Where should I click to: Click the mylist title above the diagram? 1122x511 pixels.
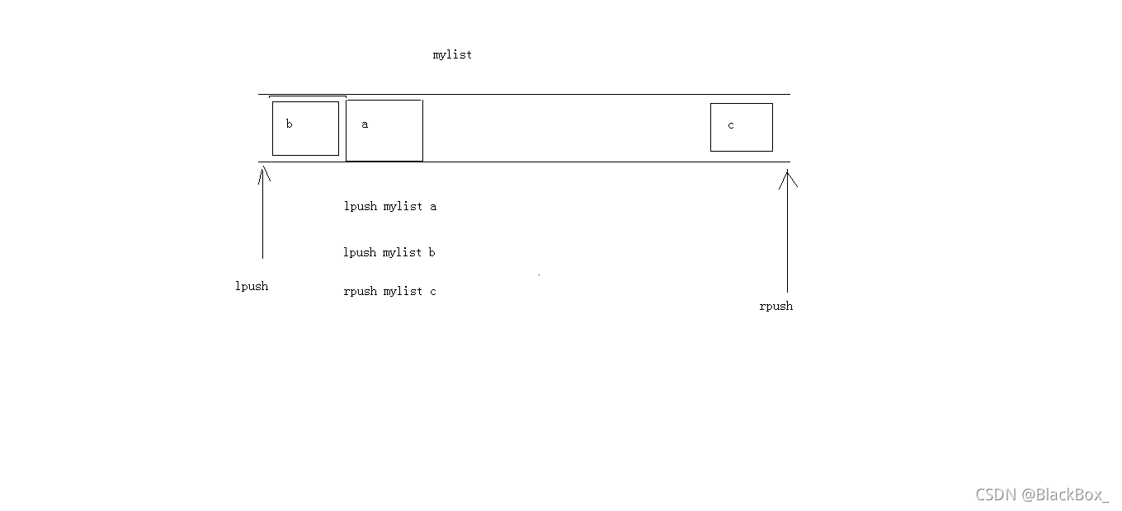pyautogui.click(x=452, y=55)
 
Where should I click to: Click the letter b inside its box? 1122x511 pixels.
pyautogui.click(x=289, y=124)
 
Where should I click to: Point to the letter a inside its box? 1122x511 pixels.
pyautogui.click(x=365, y=124)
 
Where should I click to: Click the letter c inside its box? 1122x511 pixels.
pyautogui.click(x=731, y=125)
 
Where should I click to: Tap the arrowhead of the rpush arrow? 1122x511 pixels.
pyautogui.click(x=788, y=176)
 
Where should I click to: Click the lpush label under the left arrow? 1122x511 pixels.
pyautogui.click(x=252, y=287)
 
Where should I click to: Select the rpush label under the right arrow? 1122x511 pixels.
pyautogui.click(x=775, y=307)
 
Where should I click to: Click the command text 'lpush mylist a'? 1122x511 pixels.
pyautogui.click(x=390, y=207)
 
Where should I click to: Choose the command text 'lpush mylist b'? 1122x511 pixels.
pyautogui.click(x=389, y=253)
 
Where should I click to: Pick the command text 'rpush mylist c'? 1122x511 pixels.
pyautogui.click(x=389, y=292)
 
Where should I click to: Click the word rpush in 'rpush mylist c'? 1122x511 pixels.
pyautogui.click(x=360, y=292)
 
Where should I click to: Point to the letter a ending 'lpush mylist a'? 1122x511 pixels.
pyautogui.click(x=433, y=207)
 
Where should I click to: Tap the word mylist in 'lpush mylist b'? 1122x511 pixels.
pyautogui.click(x=403, y=253)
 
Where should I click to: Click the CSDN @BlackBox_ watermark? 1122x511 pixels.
pyautogui.click(x=1042, y=495)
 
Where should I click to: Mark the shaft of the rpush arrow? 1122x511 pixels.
pyautogui.click(x=787, y=239)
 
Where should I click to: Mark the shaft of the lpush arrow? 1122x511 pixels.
pyautogui.click(x=263, y=218)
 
